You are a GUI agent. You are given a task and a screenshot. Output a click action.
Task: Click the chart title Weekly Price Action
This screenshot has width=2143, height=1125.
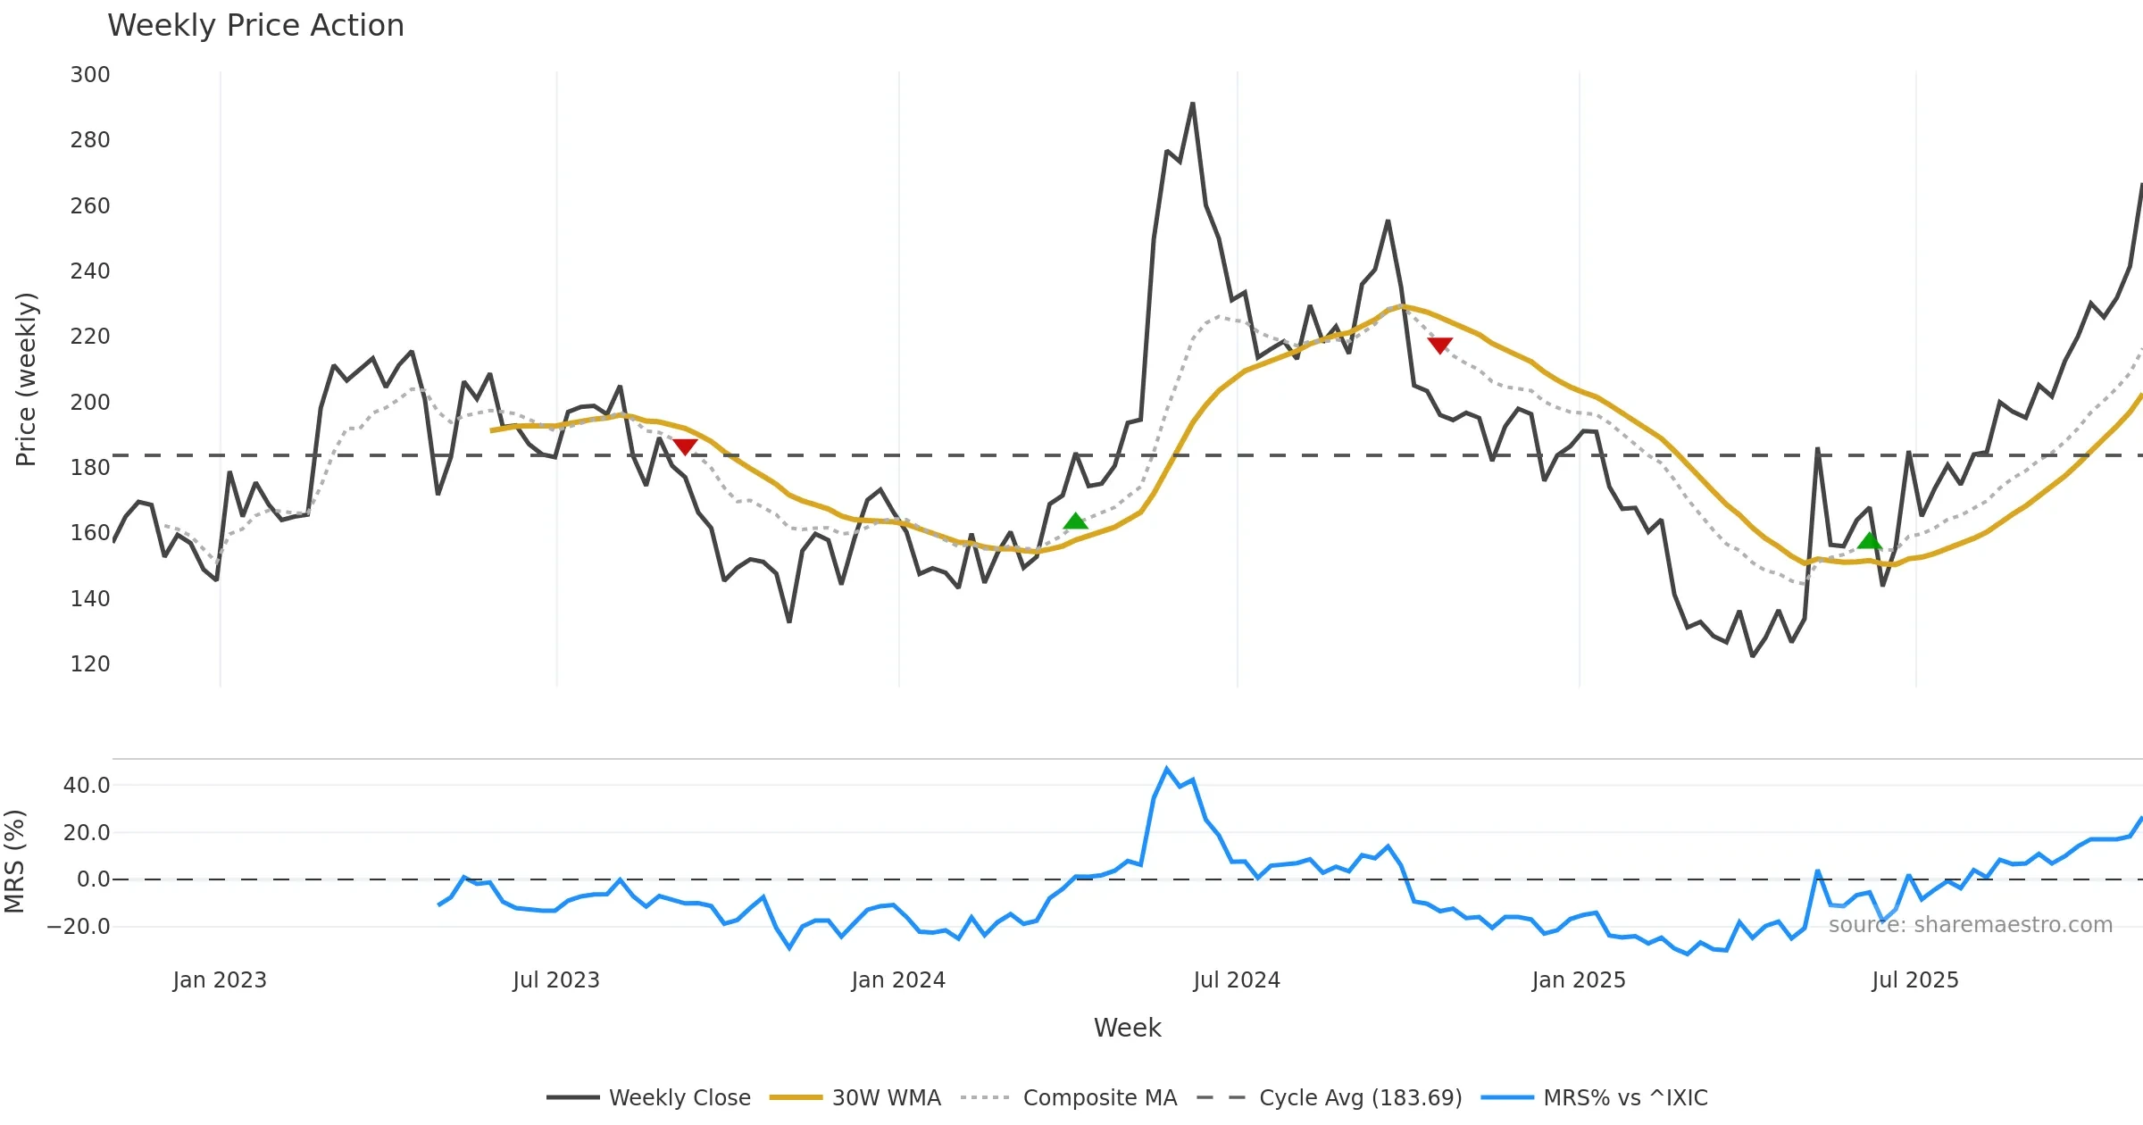coord(255,26)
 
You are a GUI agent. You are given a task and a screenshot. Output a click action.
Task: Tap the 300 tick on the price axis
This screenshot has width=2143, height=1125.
coord(90,75)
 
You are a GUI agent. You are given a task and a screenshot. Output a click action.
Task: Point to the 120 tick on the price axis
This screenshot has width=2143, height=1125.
coord(90,664)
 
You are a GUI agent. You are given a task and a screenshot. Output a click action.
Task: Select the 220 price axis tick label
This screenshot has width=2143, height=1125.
coord(90,337)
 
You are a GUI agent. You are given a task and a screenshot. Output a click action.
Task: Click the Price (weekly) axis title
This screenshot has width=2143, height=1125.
coord(27,379)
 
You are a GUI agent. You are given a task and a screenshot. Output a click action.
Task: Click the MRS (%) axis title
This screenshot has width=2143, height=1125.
coord(15,862)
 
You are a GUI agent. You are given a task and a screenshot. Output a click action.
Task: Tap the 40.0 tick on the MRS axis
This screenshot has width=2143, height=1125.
coord(87,786)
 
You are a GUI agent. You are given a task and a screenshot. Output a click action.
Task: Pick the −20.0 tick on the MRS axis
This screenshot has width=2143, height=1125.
coord(79,927)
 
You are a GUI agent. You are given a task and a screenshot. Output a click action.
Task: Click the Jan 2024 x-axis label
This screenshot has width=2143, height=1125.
coord(898,980)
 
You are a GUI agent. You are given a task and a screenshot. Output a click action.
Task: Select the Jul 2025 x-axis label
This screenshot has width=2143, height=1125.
coord(1915,980)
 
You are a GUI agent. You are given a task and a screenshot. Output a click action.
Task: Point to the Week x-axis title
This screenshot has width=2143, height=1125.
coord(1127,1029)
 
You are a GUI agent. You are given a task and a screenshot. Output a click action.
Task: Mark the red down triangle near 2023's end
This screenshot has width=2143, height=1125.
coord(685,446)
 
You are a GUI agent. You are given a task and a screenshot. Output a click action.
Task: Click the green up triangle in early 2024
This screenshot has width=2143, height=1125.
coord(1076,521)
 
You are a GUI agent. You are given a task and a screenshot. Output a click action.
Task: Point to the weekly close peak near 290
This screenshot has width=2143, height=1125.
coord(1193,104)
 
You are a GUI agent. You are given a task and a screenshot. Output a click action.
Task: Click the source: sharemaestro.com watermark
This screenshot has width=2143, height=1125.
coord(1971,925)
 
